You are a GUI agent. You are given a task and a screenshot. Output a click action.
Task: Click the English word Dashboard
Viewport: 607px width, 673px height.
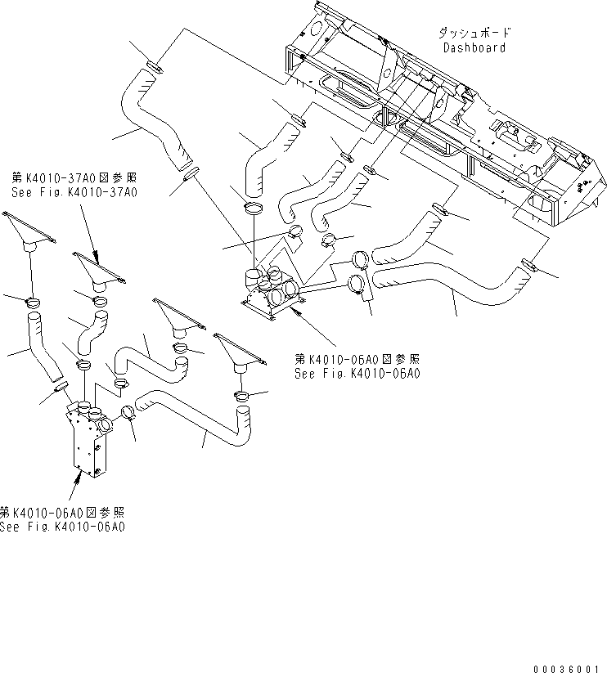point(474,47)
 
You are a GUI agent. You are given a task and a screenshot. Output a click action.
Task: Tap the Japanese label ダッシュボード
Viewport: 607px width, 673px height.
point(474,33)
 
